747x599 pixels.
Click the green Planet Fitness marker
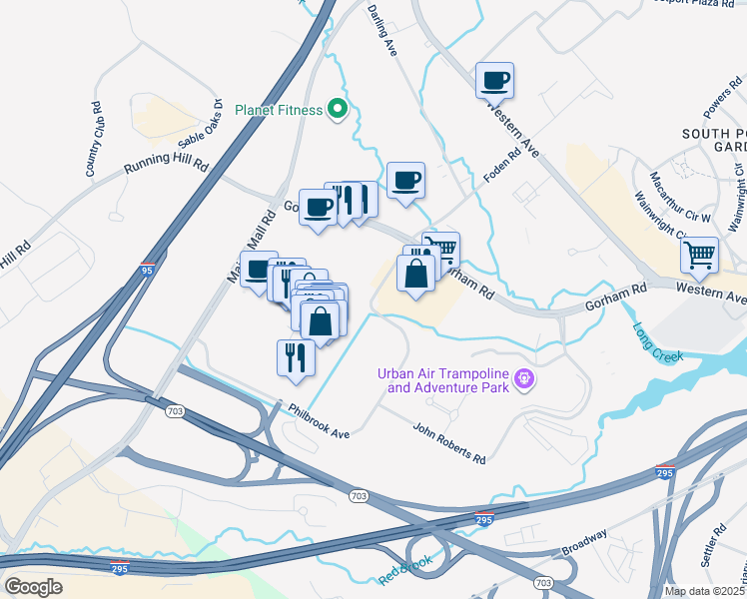(x=338, y=109)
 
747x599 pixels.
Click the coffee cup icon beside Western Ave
(x=493, y=79)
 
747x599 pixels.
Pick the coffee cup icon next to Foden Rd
(x=405, y=181)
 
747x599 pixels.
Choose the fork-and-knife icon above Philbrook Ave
(x=296, y=356)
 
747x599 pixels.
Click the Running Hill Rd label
(x=166, y=163)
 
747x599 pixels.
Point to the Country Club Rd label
(x=96, y=140)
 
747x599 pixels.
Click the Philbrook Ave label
(x=319, y=420)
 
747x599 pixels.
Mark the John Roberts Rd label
(x=449, y=444)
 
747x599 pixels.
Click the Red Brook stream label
(x=403, y=571)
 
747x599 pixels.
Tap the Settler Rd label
(x=711, y=545)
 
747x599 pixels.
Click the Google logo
(x=34, y=586)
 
